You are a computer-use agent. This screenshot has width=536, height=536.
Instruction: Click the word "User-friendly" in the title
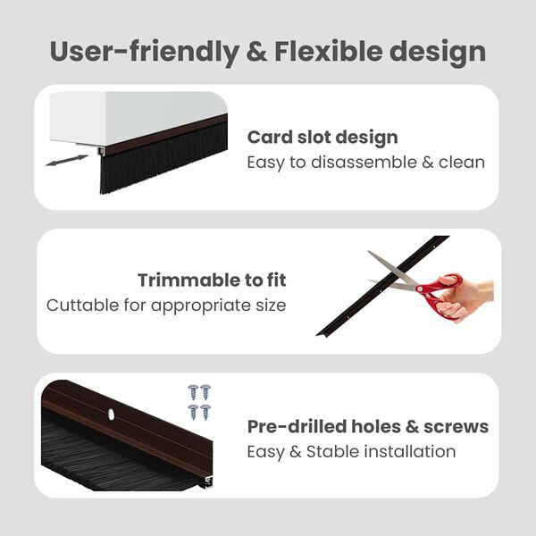click(x=134, y=51)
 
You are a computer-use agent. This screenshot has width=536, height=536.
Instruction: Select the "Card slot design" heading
click(x=322, y=138)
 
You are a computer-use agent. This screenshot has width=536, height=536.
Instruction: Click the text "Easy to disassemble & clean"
click(x=365, y=163)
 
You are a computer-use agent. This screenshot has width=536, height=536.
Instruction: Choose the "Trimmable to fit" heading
click(x=212, y=281)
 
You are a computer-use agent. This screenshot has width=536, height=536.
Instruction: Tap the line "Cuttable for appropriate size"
click(x=166, y=306)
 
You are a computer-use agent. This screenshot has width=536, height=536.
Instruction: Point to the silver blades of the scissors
click(x=393, y=272)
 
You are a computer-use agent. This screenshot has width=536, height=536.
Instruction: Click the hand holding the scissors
click(x=469, y=299)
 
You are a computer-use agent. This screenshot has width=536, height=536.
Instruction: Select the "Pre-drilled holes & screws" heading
click(x=367, y=426)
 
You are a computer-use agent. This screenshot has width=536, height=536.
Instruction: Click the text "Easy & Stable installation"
click(x=351, y=451)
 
